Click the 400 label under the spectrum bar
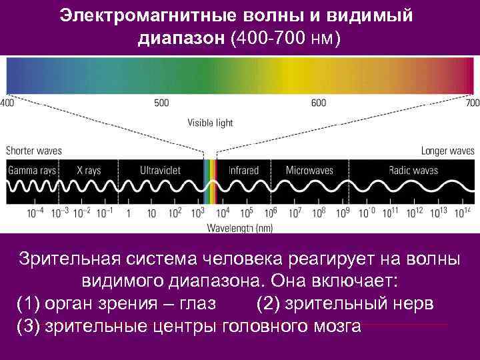coord(7,103)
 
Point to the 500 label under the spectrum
coord(161,103)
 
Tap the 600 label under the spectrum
coord(319,103)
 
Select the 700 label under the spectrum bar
coord(472,103)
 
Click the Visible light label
coord(210,123)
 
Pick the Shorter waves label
coord(34,151)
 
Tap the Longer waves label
coord(447,151)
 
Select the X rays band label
coord(88,171)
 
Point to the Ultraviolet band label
coord(160,171)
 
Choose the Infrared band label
coord(243,171)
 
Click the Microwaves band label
coord(309,171)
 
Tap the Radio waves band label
coord(413,171)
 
